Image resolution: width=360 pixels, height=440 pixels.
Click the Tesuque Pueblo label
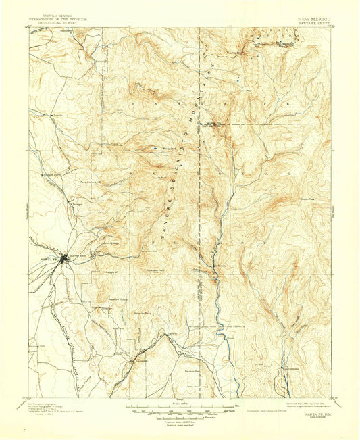(x=51, y=175)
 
